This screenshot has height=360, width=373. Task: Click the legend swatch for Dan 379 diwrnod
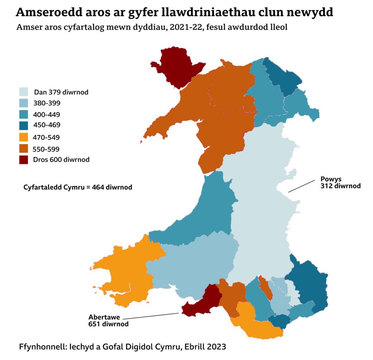tap(24, 92)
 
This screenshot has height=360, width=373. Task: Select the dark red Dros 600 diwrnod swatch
tap(24, 159)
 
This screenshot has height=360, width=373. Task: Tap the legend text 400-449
tap(47, 114)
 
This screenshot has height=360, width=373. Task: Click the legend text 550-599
tap(46, 149)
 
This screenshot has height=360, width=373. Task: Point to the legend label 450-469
tap(47, 125)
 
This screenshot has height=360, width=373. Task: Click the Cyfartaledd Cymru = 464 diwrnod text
tap(78, 187)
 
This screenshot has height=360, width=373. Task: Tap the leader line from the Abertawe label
tap(151, 316)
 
